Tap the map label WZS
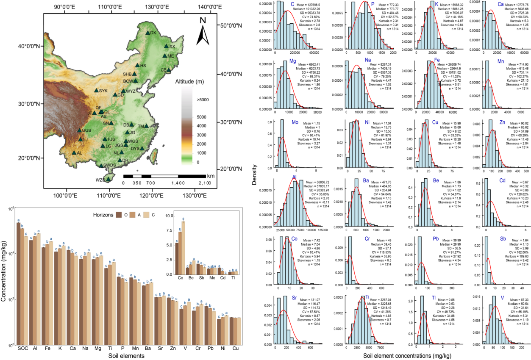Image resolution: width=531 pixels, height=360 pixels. [x=100, y=180]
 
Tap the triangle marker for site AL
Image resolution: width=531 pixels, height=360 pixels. [x=74, y=153]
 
